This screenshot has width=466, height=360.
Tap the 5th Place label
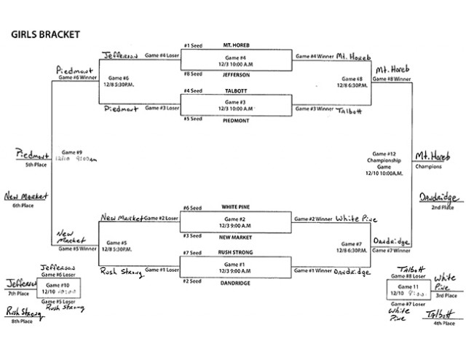pyautogui.click(x=31, y=166)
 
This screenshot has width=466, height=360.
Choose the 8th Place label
pyautogui.click(x=20, y=320)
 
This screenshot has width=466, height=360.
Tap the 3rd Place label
pyautogui.click(x=446, y=296)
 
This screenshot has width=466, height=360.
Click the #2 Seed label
pyautogui.click(x=191, y=281)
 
